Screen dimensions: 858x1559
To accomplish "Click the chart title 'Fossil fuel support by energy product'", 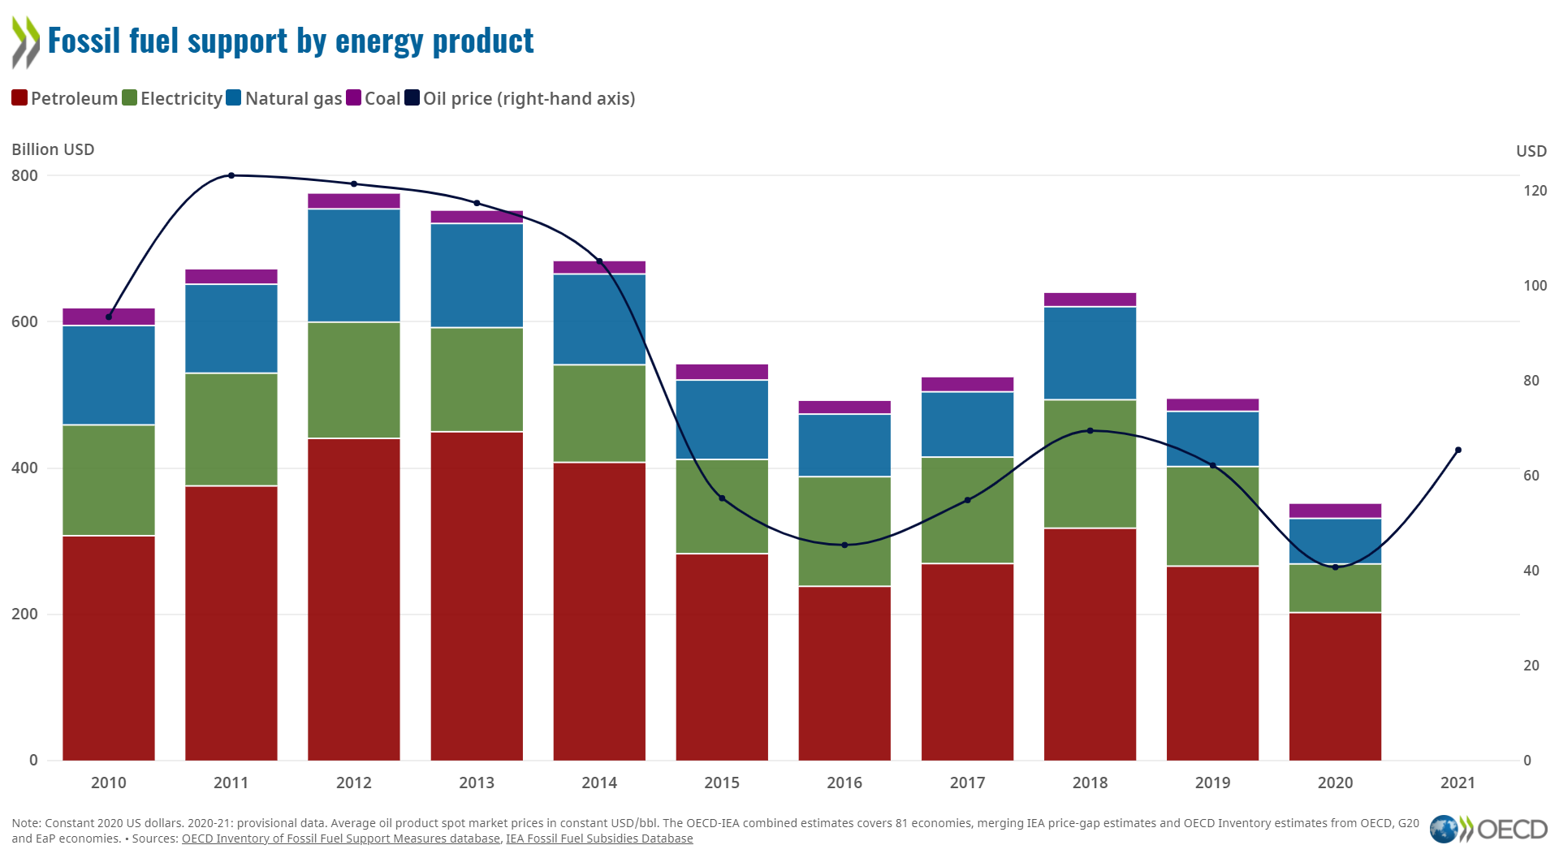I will click(290, 41).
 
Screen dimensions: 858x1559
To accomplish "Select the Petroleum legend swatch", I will click(19, 98).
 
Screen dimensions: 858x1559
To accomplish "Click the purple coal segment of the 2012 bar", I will click(353, 201).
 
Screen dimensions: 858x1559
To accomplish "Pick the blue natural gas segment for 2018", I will click(1090, 353).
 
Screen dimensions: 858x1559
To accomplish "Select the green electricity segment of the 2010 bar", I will click(109, 480).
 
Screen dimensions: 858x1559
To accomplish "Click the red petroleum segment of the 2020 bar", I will click(1335, 686).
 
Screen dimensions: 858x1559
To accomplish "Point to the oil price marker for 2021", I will click(1458, 450).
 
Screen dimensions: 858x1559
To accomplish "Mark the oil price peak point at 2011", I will click(231, 175).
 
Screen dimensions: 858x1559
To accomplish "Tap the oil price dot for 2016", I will click(844, 545).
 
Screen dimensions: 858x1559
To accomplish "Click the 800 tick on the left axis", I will click(24, 175).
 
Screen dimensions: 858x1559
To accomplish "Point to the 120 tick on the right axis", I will click(1535, 191).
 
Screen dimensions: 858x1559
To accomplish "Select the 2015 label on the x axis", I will click(722, 783).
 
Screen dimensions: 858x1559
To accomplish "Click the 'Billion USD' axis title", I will click(53, 149).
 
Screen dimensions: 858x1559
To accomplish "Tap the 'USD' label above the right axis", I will click(1531, 151).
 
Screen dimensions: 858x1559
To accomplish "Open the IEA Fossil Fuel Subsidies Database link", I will click(599, 839).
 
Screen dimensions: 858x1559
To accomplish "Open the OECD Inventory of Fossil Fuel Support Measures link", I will click(340, 839).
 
